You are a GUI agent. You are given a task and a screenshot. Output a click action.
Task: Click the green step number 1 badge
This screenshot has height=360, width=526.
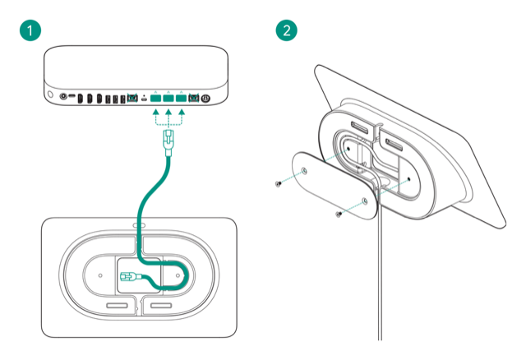(30, 30)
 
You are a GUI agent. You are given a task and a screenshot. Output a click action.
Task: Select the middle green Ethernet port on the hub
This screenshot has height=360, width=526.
(168, 98)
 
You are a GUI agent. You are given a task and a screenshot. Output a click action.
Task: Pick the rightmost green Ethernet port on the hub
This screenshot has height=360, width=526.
(182, 98)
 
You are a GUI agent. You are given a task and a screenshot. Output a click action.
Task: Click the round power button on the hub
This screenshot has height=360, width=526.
(205, 98)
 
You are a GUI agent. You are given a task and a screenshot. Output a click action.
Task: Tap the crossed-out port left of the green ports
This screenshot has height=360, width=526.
(131, 99)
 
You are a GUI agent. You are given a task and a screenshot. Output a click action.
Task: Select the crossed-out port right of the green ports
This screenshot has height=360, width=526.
(194, 98)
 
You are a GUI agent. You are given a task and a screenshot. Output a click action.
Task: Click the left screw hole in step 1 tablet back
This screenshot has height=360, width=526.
(99, 275)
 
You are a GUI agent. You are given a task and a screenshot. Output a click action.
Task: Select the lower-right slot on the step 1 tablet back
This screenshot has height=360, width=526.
(162, 306)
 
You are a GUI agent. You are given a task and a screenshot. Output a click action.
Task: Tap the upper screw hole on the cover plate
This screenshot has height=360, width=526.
(305, 171)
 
